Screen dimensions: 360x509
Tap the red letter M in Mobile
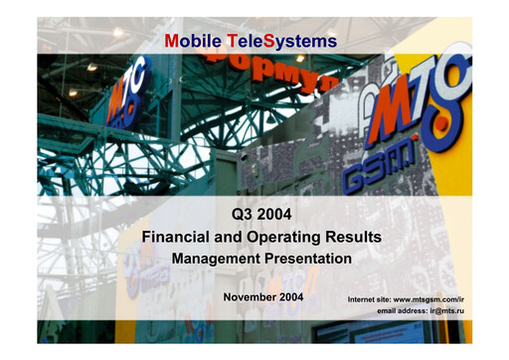pyautogui.click(x=173, y=41)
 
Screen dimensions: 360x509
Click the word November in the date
pyautogui.click(x=250, y=297)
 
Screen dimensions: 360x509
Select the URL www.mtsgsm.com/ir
pyautogui.click(x=429, y=298)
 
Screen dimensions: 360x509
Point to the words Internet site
pyautogui.click(x=369, y=298)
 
